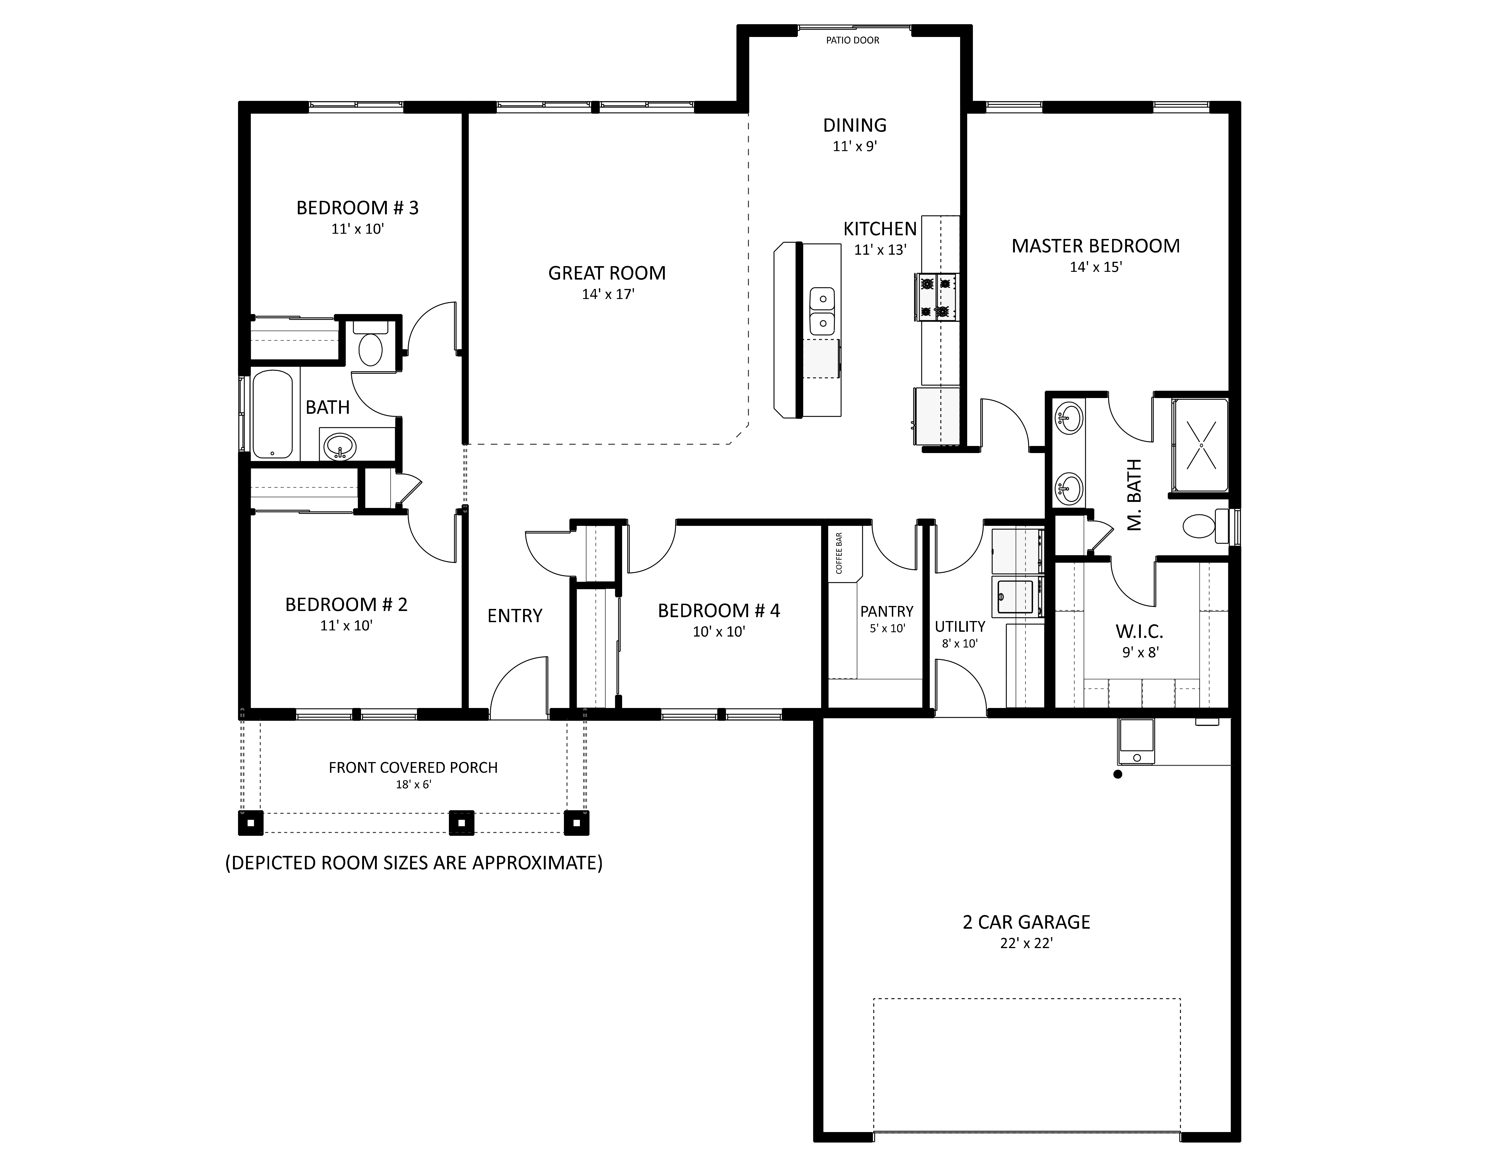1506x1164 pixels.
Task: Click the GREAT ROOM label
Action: (x=607, y=273)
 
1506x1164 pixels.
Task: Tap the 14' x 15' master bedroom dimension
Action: (x=1096, y=267)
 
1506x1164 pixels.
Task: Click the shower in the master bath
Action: (x=1200, y=446)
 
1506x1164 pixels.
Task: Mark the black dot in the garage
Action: (x=1118, y=774)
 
